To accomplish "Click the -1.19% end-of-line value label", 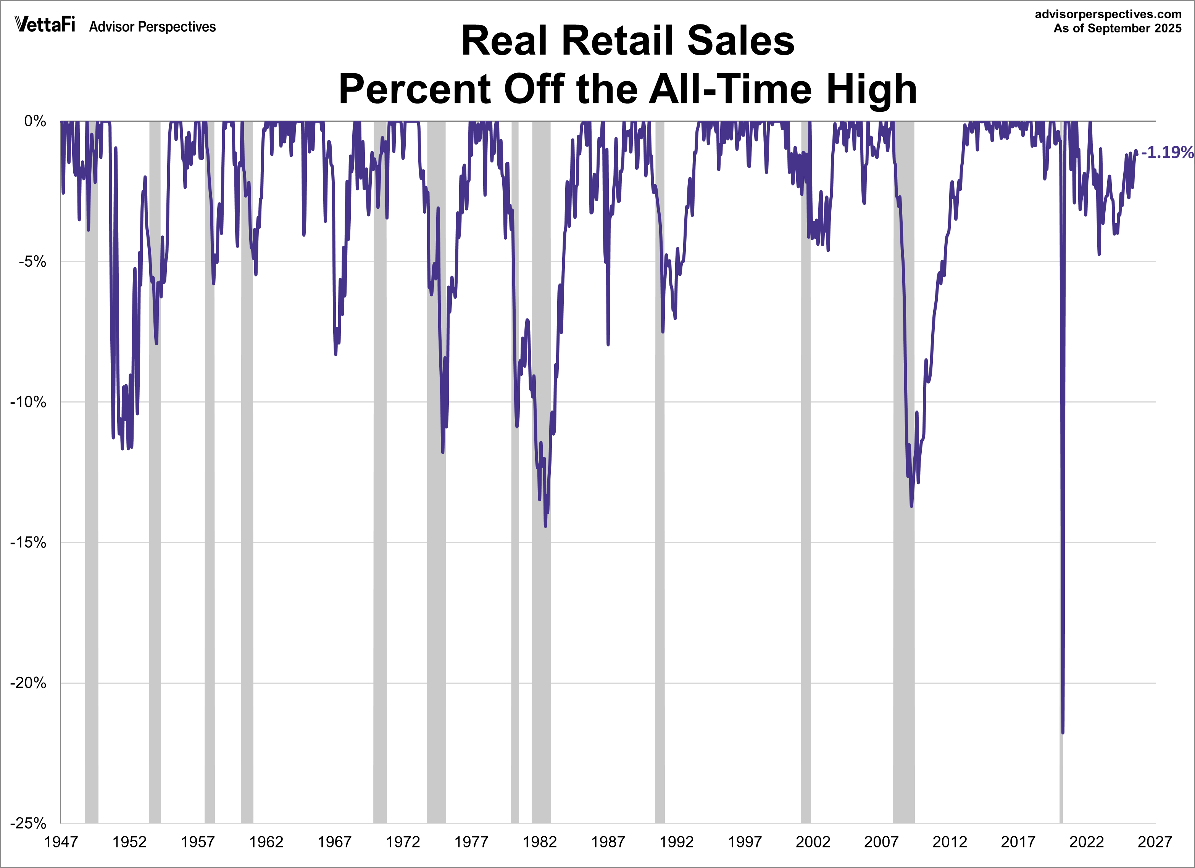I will point(1166,152).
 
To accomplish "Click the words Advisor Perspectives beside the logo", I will point(152,27).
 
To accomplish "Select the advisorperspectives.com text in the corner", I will point(1108,14).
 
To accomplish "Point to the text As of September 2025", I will point(1117,29).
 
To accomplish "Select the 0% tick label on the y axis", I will point(35,121).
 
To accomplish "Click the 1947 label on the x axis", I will point(61,842).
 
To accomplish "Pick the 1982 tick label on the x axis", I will point(540,842).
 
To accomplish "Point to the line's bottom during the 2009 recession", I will point(911,506).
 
